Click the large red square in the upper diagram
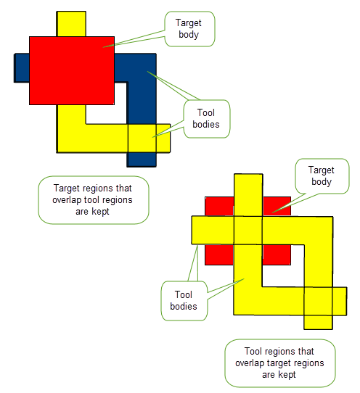pos(72,70)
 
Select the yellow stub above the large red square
pos(71,24)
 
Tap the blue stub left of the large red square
pos(22,67)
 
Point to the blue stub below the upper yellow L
pos(142,160)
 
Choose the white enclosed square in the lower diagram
pos(284,265)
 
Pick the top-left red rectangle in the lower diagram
pos(219,206)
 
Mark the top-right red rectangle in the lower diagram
pos(277,206)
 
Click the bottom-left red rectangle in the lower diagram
pos(219,255)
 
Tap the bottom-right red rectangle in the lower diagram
pos(277,255)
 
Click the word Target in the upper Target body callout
pos(188,22)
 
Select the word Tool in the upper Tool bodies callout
pos(206,112)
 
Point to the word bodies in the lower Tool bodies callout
pos(184,306)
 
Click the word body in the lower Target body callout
pos(322,182)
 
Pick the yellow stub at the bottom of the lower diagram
pos(319,323)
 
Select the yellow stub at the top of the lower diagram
pos(248,195)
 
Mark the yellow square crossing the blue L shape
pos(142,138)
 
